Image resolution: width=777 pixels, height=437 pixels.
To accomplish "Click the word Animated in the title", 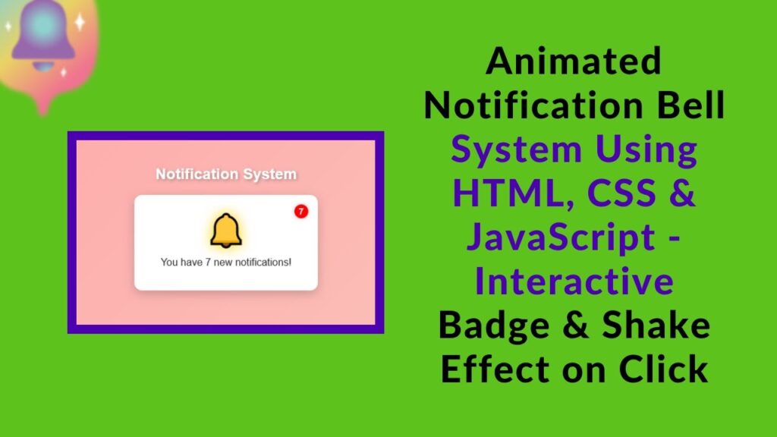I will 574,61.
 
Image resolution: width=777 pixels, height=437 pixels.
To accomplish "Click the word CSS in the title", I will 622,193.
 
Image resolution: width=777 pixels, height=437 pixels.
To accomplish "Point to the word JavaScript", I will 560,237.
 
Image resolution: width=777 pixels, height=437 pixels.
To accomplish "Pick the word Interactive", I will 574,281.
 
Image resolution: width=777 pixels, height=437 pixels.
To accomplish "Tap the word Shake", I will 657,325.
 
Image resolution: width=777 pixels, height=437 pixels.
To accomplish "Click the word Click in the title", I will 663,369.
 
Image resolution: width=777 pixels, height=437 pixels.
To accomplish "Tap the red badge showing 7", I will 300,211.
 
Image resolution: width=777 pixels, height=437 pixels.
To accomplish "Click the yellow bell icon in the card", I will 225,231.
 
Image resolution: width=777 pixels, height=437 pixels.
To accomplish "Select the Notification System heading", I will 226,174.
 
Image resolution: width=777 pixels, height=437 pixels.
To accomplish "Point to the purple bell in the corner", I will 42,34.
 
